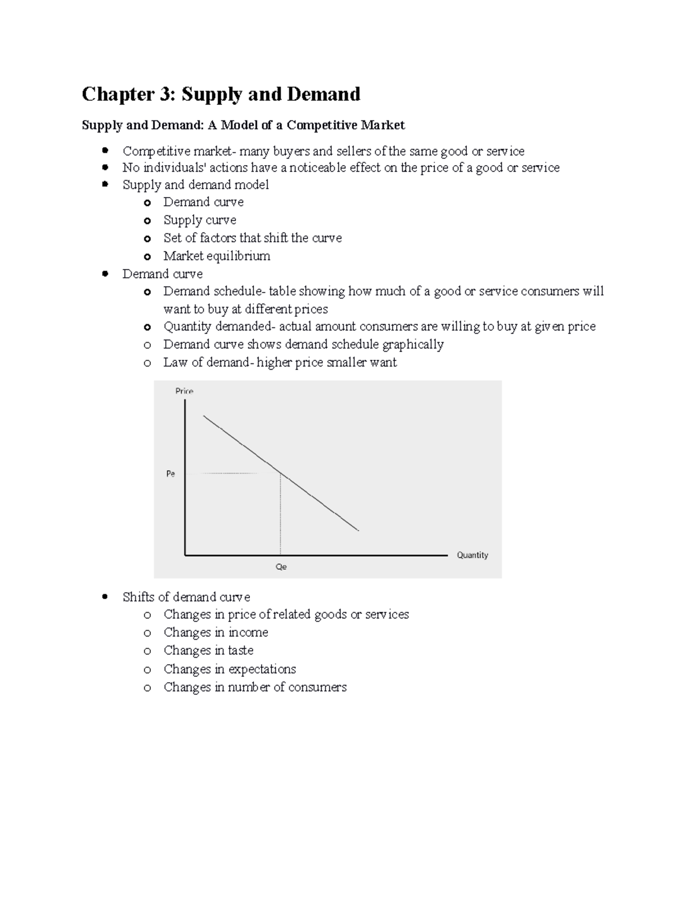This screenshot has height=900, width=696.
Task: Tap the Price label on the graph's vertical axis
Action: coord(184,391)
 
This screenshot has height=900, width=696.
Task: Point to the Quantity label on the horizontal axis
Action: coord(472,555)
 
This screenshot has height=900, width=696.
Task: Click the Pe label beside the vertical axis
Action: coord(171,474)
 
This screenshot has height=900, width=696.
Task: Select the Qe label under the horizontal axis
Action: coord(281,567)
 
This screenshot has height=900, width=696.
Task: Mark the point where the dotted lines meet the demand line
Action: coord(281,473)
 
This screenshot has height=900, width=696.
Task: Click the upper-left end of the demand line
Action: coord(204,416)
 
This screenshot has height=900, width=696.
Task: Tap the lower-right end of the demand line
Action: coord(358,530)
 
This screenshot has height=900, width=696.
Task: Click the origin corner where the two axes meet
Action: coord(185,555)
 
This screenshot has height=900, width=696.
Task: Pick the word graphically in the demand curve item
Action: coord(413,345)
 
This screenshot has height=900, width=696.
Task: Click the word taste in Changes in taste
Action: coord(240,650)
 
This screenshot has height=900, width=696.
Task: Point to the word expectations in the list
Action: coord(262,669)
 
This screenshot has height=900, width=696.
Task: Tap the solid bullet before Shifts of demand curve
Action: coord(105,596)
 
